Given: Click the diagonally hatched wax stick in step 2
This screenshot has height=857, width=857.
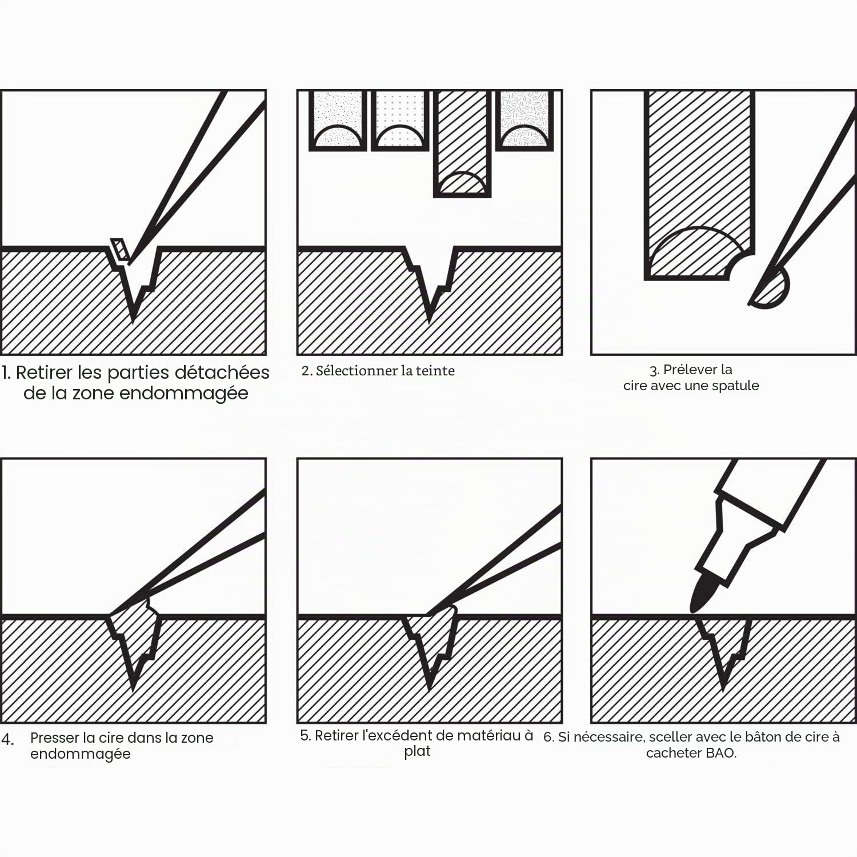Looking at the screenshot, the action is pos(462,144).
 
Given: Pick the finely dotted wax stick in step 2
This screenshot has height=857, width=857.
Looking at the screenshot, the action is pos(338,120).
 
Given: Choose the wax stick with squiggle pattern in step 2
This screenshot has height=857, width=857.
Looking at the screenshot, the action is pos(524,120).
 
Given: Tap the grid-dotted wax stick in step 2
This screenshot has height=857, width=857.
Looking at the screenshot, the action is pos(400,120).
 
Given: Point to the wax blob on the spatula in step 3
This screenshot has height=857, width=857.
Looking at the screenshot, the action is pos(771,289).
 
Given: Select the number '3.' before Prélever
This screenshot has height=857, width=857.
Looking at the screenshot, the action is pos(655,370).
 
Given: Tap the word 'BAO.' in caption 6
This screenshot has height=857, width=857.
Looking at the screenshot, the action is pos(722,753).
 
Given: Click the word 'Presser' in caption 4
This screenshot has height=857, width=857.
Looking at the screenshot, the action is pos(54,738).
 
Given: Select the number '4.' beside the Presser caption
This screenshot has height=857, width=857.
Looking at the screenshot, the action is pos(7,740).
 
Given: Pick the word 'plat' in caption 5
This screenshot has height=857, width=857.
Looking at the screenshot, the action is pos(417,752).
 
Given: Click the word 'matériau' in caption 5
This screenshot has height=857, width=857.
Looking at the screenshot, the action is pos(492,735).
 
